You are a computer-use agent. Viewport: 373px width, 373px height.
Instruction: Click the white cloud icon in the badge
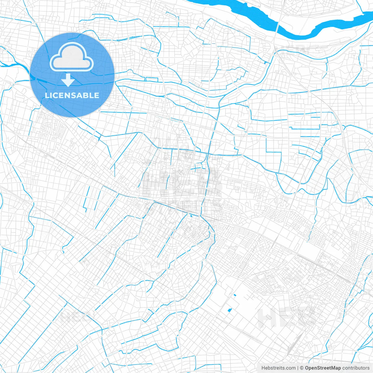pos(72,57)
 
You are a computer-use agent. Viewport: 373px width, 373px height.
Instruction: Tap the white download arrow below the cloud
pos(68,80)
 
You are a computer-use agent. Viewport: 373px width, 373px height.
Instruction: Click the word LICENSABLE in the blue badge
pos(72,95)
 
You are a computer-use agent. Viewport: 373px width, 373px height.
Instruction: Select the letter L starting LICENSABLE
pos(47,95)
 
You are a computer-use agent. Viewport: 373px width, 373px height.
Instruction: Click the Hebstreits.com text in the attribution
pos(278,368)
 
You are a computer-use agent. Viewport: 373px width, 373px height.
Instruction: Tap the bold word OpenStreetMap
pos(323,368)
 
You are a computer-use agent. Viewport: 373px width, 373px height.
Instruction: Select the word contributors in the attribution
pos(356,368)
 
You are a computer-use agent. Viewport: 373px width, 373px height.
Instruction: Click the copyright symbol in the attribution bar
pos(302,368)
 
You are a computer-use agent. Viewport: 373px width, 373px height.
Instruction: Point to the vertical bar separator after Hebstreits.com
pos(298,368)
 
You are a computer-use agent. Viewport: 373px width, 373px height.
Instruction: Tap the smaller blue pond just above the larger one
pos(235,295)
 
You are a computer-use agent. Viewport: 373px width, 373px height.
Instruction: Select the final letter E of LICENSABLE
pos(96,95)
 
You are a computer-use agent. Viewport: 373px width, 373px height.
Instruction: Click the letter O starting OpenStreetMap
pos(307,368)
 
